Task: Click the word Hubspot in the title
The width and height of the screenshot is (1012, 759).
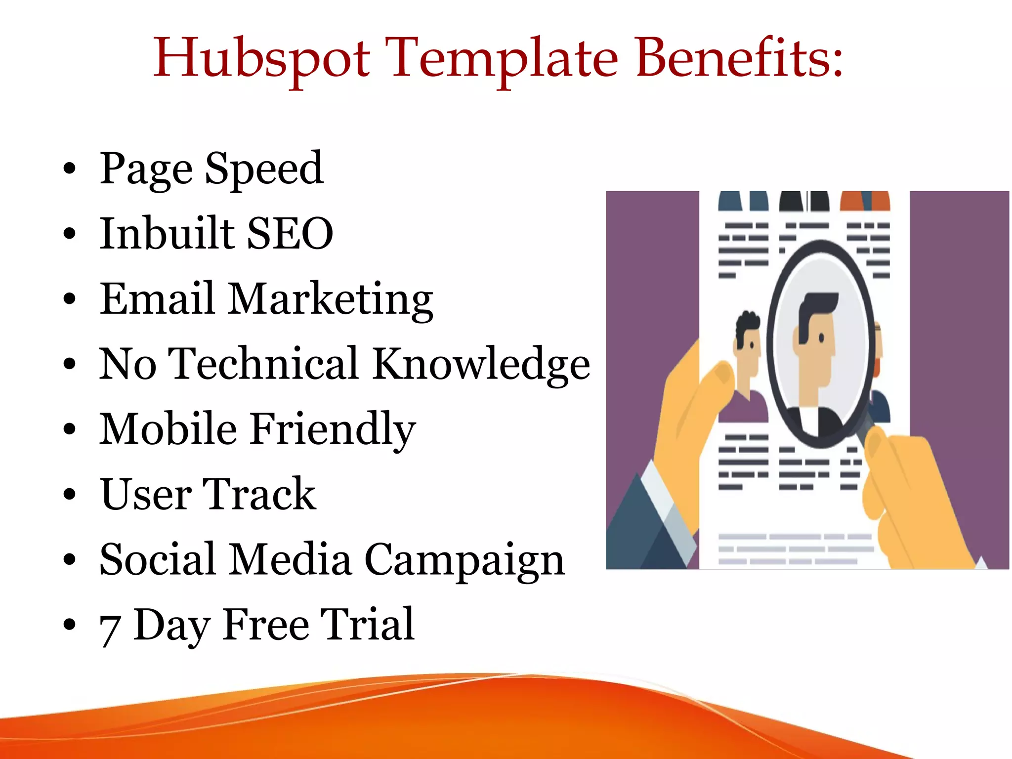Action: tap(261, 60)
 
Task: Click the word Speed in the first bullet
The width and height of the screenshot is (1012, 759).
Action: tap(264, 169)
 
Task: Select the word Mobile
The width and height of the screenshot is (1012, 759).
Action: tap(169, 429)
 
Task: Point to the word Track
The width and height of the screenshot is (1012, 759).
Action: tap(259, 494)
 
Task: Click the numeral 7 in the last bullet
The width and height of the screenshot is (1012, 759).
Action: tap(110, 630)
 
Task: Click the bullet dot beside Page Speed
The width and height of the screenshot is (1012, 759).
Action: tap(70, 169)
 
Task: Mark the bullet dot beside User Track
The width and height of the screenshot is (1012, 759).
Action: tap(70, 494)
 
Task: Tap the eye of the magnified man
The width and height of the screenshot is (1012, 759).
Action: tap(821, 338)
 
